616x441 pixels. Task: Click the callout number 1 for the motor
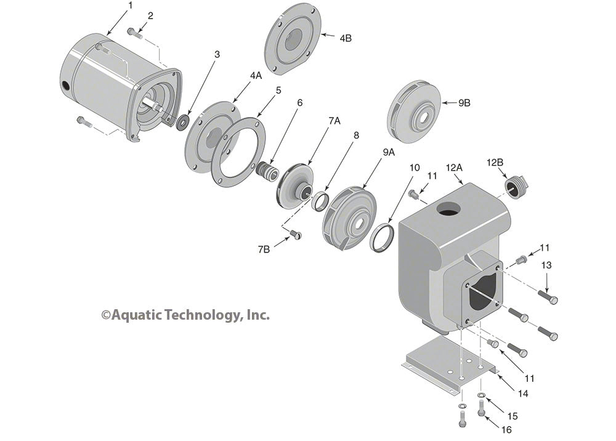click(x=130, y=6)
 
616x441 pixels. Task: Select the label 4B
click(x=346, y=38)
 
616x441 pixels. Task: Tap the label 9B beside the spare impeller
click(x=464, y=103)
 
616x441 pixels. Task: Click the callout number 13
click(x=546, y=265)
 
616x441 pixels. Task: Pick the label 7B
click(x=263, y=249)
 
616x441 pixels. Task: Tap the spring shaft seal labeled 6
click(x=267, y=169)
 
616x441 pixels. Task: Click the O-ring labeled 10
click(x=383, y=237)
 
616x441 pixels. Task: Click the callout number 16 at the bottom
click(x=506, y=429)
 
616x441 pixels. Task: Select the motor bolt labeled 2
click(x=135, y=33)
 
